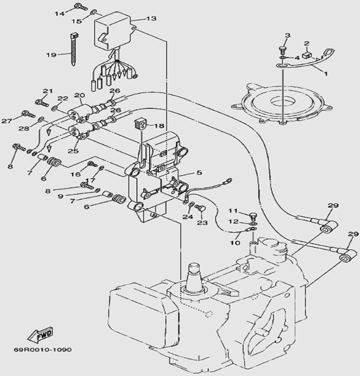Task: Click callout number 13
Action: (151, 19)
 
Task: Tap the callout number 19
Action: (51, 54)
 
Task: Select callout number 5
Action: (200, 173)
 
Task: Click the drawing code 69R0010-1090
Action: (42, 349)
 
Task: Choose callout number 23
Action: (202, 223)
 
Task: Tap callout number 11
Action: (233, 211)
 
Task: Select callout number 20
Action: (79, 95)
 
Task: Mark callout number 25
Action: (73, 150)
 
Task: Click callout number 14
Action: (60, 13)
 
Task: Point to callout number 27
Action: (7, 121)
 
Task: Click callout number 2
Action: (307, 43)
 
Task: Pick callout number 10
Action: (235, 243)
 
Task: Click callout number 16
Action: (75, 174)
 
